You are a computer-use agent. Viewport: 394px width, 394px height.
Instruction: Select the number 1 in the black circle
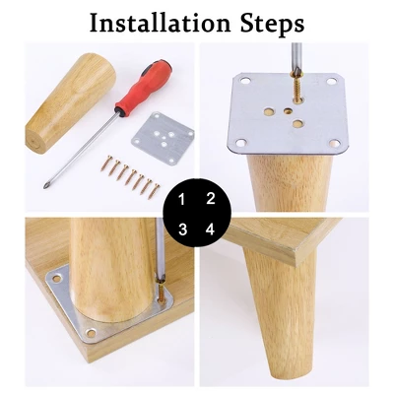[x=180, y=199]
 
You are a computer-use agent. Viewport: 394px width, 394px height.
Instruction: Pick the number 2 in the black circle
[x=209, y=198]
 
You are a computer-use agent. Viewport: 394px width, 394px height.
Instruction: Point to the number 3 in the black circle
[x=181, y=230]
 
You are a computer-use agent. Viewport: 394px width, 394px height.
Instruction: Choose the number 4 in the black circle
[x=209, y=230]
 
